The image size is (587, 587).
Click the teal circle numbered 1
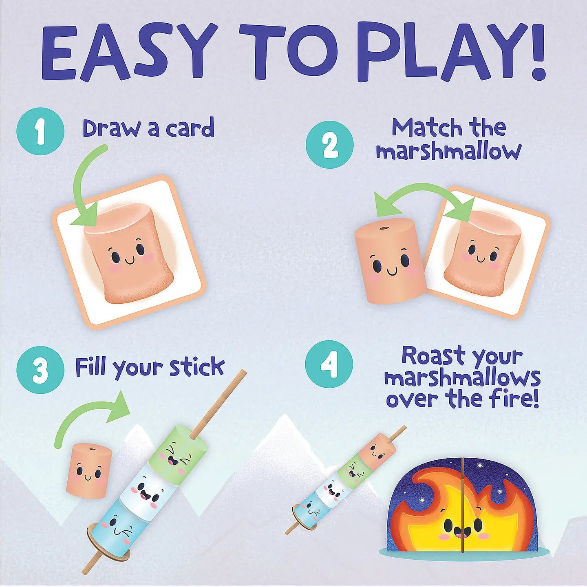[40, 131]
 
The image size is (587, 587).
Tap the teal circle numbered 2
[330, 145]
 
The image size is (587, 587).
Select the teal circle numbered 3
[40, 370]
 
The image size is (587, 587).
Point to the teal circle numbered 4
[329, 364]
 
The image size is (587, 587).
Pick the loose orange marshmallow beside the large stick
[88, 471]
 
